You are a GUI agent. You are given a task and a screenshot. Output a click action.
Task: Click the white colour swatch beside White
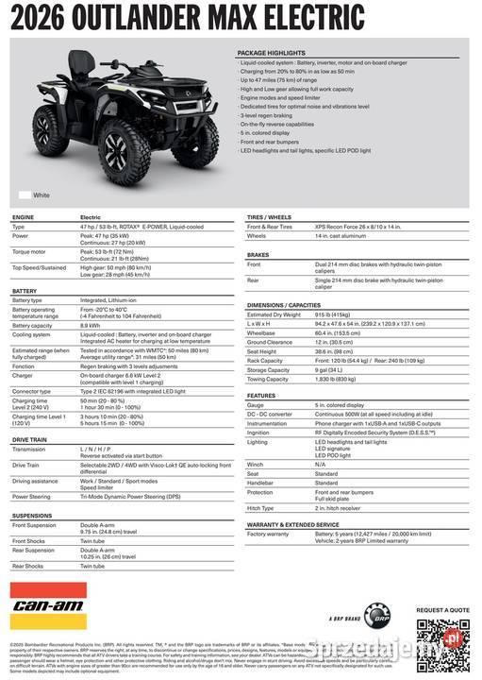point(24,195)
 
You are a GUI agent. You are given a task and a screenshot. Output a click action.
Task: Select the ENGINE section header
point(24,217)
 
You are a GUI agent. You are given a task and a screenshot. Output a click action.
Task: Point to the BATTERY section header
point(25,291)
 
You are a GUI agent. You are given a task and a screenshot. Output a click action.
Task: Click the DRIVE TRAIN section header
point(29,439)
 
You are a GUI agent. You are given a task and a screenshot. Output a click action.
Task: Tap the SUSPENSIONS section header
point(32,516)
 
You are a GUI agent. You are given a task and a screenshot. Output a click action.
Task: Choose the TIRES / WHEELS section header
point(269,217)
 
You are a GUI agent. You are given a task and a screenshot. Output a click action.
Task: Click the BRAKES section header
point(258,255)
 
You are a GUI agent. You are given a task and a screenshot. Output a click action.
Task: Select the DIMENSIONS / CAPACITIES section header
point(284,305)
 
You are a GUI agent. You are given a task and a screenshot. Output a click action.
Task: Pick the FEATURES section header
point(261,396)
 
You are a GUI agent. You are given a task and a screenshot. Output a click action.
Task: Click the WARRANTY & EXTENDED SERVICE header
point(292,524)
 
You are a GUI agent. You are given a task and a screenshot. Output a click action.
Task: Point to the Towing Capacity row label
point(269,379)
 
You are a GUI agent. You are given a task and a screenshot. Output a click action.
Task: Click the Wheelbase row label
point(261,332)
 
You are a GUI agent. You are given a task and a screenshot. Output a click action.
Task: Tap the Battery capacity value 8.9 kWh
point(91,325)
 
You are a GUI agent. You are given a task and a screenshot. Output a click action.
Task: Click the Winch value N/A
point(320,464)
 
